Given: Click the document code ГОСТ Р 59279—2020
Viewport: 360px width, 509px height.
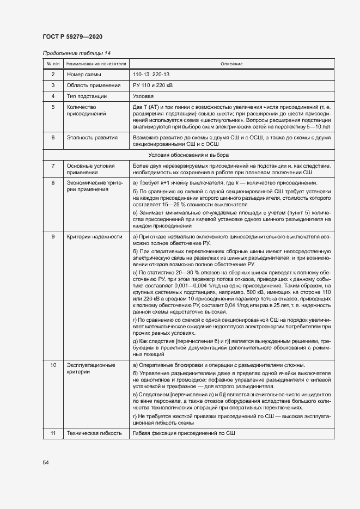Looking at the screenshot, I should [72, 36].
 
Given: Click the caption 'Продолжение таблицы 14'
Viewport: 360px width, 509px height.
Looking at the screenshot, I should [76, 53].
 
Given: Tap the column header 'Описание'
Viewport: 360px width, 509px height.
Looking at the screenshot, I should [231, 64].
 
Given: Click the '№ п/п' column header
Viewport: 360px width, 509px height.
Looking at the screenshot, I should [53, 64].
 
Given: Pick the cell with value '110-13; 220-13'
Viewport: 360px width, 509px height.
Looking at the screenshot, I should [152, 74].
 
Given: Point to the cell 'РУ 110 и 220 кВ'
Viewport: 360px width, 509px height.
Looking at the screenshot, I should [153, 85].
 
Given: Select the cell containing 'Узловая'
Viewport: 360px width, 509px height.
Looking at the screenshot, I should [142, 96].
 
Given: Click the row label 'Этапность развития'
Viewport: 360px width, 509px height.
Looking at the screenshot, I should [92, 138].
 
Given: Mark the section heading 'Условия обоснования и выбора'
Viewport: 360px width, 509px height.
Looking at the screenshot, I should [231, 155].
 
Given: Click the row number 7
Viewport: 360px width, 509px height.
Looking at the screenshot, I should [53, 165].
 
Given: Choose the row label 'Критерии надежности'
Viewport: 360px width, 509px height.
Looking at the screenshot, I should [94, 237].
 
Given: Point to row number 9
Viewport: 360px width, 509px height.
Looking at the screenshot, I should [53, 237].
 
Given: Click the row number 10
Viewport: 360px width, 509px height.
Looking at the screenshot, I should [53, 365].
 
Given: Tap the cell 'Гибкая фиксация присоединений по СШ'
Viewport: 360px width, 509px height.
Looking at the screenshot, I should [184, 433].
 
